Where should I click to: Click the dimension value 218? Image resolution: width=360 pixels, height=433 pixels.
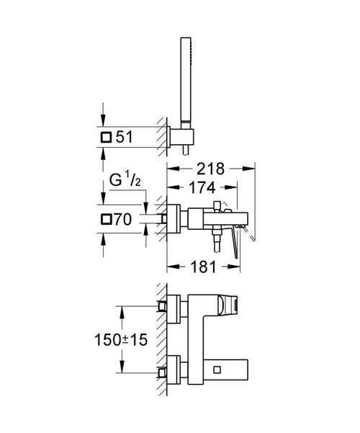210,169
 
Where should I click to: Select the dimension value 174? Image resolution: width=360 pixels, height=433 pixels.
202,187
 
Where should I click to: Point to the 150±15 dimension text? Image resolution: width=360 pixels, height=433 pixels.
121,339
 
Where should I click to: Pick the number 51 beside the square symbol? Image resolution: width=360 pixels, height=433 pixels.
125,137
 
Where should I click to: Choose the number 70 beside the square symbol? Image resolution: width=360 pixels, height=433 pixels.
122,220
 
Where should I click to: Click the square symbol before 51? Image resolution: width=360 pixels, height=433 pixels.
106,137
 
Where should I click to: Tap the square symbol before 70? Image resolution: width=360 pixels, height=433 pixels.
106,220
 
